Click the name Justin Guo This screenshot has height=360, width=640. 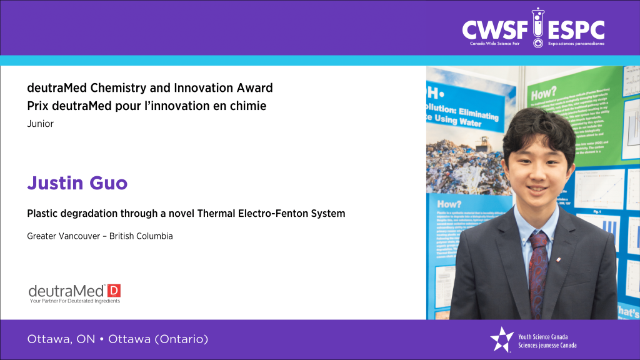(77, 184)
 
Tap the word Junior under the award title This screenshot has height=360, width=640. (41, 124)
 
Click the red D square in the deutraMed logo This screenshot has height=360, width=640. (114, 290)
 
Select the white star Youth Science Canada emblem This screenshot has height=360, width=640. (501, 339)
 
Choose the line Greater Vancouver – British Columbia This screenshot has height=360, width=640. (100, 236)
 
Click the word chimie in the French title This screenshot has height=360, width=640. (250, 106)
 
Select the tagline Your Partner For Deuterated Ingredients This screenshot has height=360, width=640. (74, 301)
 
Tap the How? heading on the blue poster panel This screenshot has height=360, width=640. (450, 204)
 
